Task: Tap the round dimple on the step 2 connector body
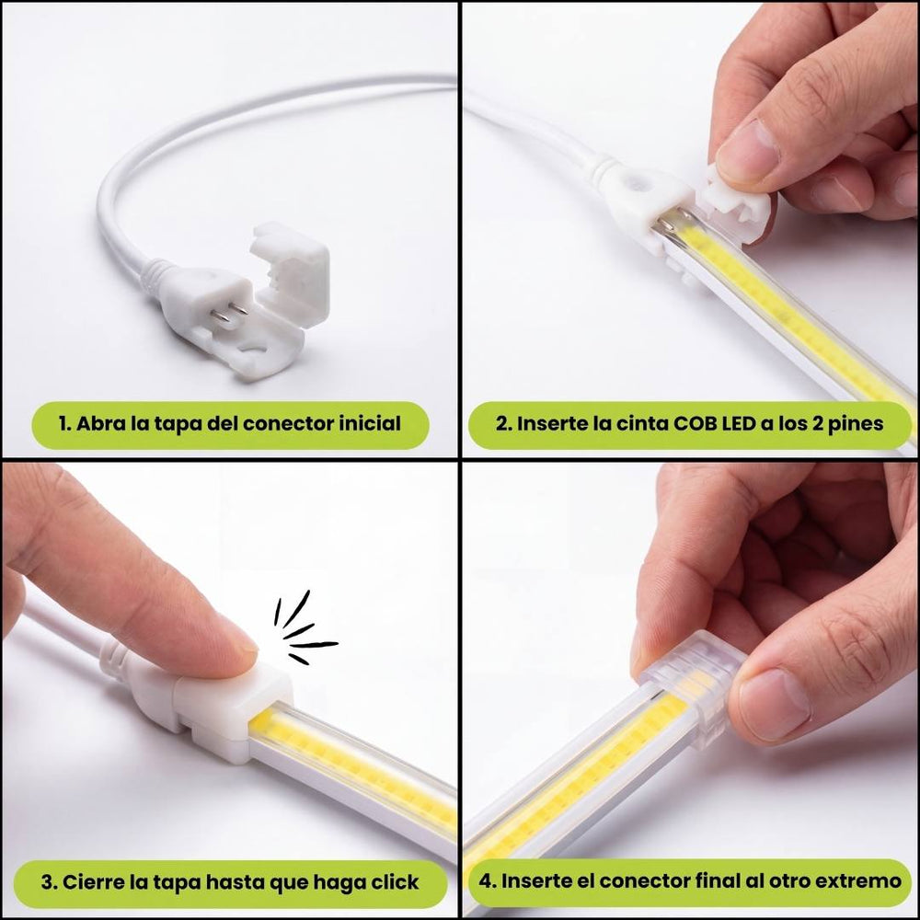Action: point(636,181)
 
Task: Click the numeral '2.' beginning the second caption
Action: point(503,423)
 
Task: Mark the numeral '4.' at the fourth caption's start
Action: point(488,881)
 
